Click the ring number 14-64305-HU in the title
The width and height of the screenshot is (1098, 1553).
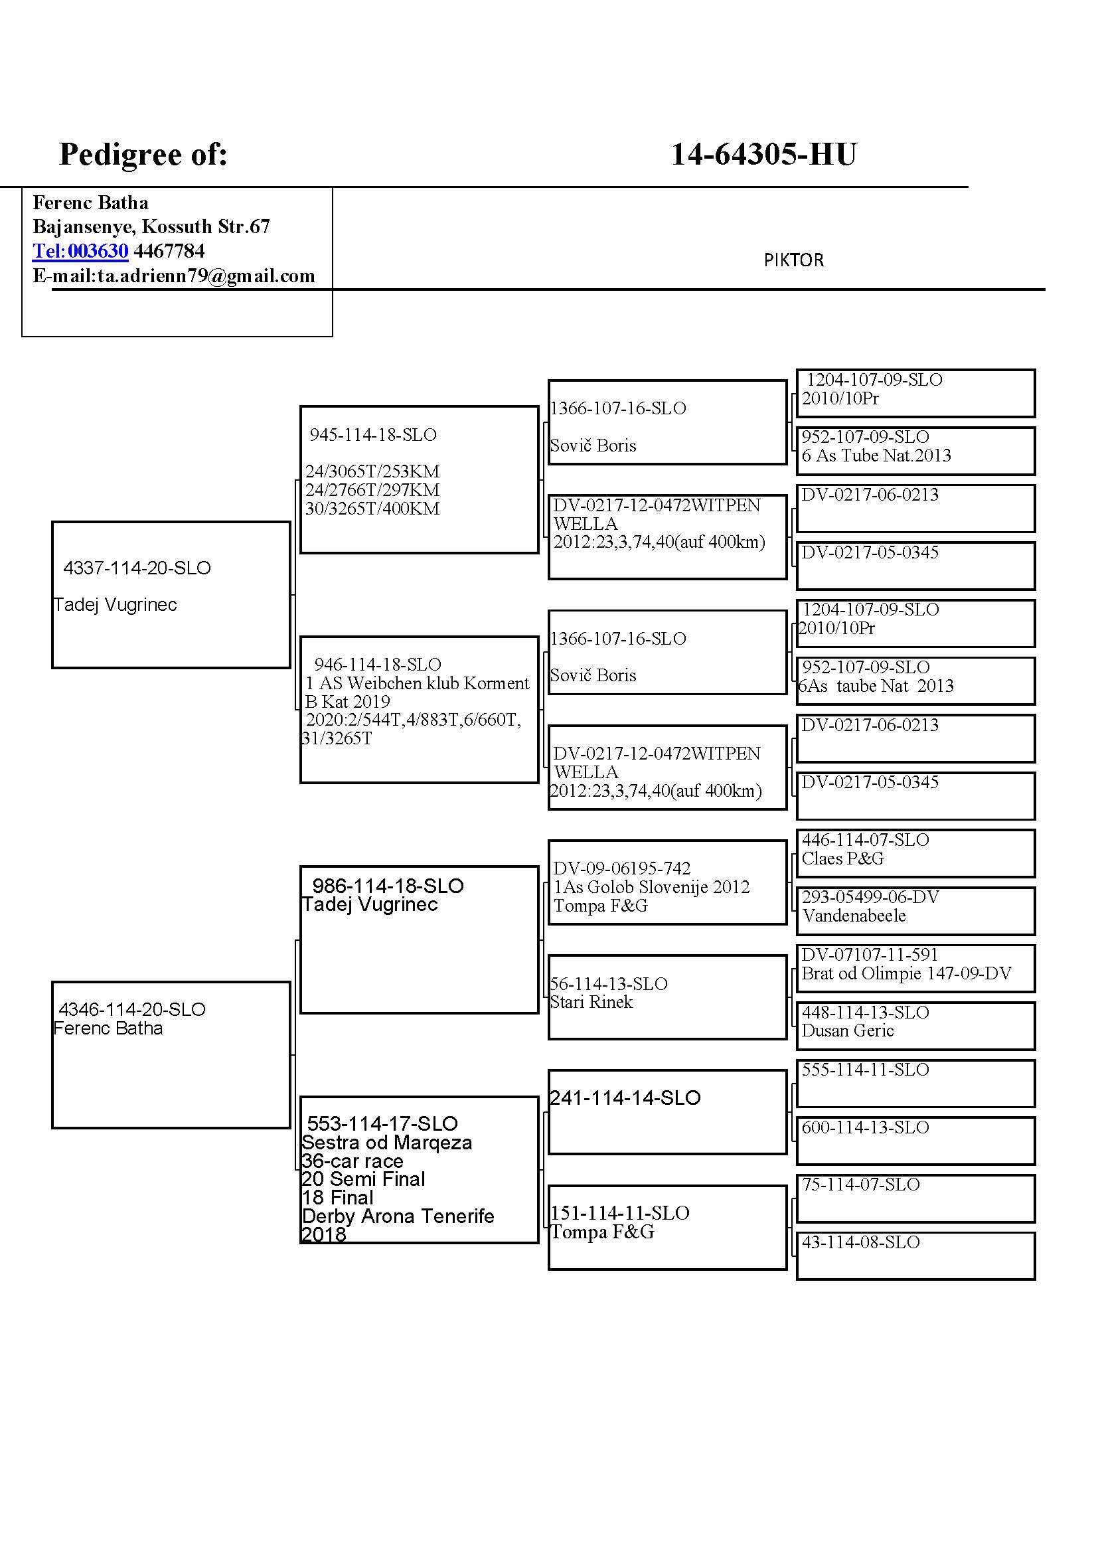click(763, 154)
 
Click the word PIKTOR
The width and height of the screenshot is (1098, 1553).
click(793, 260)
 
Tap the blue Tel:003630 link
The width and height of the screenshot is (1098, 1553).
click(80, 251)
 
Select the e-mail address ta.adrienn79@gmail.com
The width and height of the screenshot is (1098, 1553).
click(206, 276)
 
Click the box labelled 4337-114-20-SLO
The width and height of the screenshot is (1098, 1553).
click(171, 594)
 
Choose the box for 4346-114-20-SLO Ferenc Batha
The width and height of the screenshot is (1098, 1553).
click(171, 1054)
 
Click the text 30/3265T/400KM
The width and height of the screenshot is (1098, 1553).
click(372, 509)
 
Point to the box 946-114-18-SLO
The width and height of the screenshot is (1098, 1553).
click(418, 710)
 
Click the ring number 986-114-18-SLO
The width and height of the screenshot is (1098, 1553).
click(388, 886)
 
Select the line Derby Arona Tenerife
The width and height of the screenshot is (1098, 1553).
click(398, 1216)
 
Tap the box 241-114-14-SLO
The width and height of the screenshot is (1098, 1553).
click(667, 1112)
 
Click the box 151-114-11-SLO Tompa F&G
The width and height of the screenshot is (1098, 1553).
click(667, 1227)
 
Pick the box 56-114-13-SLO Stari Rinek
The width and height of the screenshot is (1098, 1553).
click(667, 997)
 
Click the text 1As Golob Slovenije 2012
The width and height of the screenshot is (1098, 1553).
click(651, 887)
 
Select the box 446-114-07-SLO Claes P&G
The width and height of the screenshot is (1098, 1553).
click(915, 853)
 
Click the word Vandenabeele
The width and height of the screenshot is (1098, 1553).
click(853, 916)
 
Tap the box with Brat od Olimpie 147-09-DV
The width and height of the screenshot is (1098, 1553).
click(915, 968)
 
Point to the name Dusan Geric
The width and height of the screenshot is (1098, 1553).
click(847, 1031)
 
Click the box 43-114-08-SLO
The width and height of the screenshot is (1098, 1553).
click(915, 1256)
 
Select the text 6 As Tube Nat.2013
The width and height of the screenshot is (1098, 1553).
click(876, 455)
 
